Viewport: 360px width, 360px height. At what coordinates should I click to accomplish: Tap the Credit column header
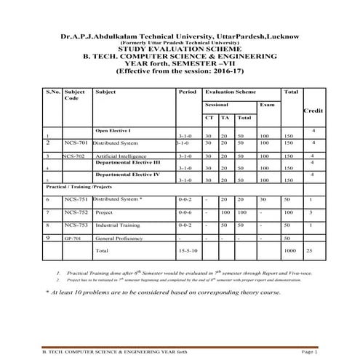pyautogui.click(x=313, y=111)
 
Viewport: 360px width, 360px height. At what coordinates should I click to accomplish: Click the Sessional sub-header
pyautogui.click(x=215, y=105)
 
